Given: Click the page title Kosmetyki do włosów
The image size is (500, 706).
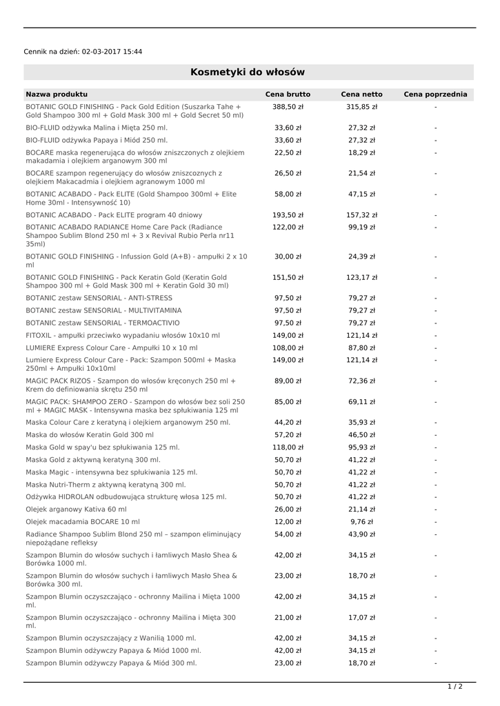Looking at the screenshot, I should click(248, 72).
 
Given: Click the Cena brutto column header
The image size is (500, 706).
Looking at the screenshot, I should click(288, 94).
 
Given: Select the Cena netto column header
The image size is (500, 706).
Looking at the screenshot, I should click(361, 94).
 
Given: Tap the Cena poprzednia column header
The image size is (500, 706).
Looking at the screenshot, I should click(435, 94).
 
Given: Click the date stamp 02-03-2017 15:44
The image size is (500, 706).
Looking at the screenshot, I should click(112, 52).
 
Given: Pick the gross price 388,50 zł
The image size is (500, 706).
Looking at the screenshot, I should click(288, 108).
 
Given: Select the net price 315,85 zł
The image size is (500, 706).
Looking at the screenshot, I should click(361, 108).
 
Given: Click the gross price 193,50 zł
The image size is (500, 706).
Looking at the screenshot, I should click(288, 215).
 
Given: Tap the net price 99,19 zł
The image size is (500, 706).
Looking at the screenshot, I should click(361, 228).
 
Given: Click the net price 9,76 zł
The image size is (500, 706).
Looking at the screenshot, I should click(361, 522).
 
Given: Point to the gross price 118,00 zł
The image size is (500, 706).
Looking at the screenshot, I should click(288, 447).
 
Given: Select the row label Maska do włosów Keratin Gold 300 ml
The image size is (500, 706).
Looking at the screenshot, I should click(90, 435).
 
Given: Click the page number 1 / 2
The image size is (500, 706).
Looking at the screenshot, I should click(455, 687).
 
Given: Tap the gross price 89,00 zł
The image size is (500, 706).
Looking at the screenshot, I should click(288, 381).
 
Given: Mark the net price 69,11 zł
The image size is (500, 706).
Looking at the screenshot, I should click(361, 401).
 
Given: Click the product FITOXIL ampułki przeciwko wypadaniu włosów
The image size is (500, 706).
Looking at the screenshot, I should click(123, 335).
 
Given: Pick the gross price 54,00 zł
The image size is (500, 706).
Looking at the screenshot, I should click(288, 534).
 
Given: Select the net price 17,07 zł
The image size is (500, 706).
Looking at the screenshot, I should click(361, 618).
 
